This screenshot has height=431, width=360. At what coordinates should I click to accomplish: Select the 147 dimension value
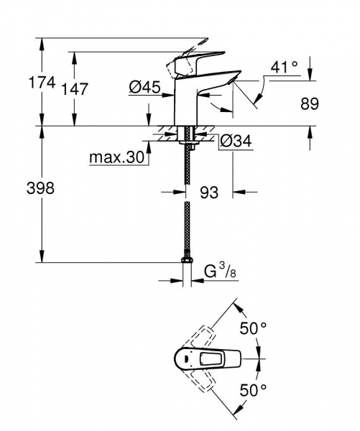click(x=75, y=89)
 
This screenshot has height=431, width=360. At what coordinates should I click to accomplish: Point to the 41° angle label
click(x=285, y=67)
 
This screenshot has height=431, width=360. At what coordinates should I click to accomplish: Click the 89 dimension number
click(x=309, y=103)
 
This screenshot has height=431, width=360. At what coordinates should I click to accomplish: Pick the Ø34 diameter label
click(x=235, y=141)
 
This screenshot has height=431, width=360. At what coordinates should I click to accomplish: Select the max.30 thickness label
click(x=117, y=157)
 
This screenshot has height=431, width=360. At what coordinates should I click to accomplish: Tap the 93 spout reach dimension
click(x=211, y=193)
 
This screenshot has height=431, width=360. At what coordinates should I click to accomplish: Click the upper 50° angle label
click(x=254, y=328)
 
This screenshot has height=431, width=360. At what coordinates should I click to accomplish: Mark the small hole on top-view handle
click(x=185, y=358)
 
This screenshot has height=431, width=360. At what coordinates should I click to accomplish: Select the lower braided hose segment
click(x=187, y=226)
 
